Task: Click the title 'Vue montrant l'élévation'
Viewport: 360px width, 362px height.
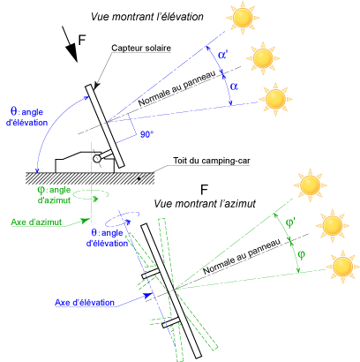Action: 146,17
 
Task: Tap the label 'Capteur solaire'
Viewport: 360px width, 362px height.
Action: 141,48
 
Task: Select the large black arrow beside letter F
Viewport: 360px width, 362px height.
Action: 70,44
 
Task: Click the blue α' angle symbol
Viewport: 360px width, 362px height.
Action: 222,55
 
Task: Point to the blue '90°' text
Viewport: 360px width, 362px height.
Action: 147,134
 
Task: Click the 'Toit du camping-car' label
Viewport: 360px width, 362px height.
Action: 212,161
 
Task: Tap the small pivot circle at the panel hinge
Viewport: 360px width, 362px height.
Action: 96,159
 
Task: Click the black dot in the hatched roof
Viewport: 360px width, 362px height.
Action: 139,178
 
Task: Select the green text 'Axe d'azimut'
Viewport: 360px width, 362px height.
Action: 36,222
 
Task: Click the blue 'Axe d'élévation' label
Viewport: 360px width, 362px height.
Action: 85,303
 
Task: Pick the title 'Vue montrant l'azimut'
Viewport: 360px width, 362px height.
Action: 205,204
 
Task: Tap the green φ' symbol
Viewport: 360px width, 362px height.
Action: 290,222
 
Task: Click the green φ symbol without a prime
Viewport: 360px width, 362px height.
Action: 301,254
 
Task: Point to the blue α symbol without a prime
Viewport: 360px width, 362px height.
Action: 234,87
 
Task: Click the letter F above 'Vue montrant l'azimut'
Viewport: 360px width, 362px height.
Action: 204,190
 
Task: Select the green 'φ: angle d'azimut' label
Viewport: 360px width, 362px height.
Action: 55,195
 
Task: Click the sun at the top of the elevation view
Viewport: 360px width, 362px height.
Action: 243,18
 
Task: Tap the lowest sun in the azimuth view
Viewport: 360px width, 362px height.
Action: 342,267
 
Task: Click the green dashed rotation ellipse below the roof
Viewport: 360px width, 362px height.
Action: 91,194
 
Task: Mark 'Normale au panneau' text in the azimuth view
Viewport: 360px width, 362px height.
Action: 242,257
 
